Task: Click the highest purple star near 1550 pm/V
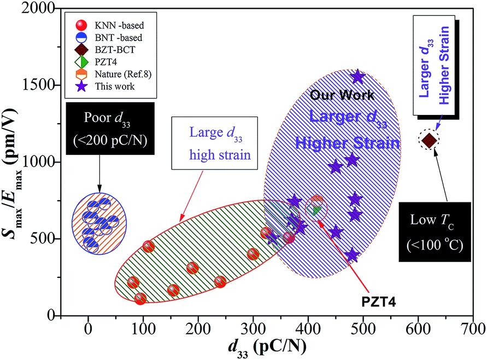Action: point(357,77)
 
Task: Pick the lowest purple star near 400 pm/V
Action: point(353,255)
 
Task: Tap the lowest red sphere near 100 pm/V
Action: point(140,299)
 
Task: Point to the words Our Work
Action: point(342,95)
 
